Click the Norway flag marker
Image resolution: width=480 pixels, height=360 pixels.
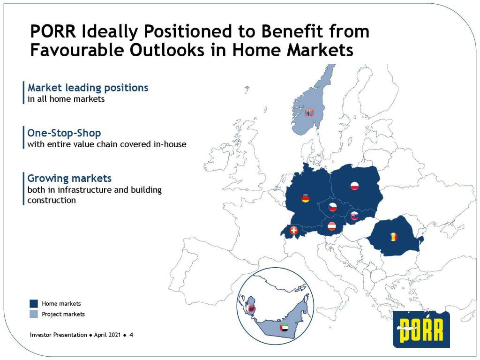click(309, 112)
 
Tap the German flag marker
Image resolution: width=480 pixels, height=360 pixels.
click(306, 198)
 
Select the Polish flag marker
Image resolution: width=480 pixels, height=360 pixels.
click(354, 186)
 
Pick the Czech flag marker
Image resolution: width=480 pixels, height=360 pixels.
click(333, 207)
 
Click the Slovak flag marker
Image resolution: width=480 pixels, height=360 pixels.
click(354, 216)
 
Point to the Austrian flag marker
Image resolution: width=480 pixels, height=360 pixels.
click(331, 226)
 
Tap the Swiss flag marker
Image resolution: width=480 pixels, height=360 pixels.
click(294, 230)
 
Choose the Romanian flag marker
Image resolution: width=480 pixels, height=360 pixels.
click(394, 236)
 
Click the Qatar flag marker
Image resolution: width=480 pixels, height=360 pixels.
click(251, 308)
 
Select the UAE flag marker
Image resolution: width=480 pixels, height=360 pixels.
click(285, 328)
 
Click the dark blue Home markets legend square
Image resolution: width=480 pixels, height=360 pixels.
click(34, 303)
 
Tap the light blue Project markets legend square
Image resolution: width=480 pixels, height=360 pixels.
click(34, 314)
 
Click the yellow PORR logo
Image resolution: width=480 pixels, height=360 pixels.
click(421, 330)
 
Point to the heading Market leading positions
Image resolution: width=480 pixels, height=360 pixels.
click(88, 88)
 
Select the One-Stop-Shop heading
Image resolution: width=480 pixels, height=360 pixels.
click(64, 133)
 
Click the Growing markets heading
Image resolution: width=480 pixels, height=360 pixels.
click(69, 178)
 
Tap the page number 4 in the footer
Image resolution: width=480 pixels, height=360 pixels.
click(131, 335)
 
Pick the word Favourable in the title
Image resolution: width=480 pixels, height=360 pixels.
click(77, 50)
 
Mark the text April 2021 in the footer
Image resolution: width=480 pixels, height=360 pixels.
click(107, 335)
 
